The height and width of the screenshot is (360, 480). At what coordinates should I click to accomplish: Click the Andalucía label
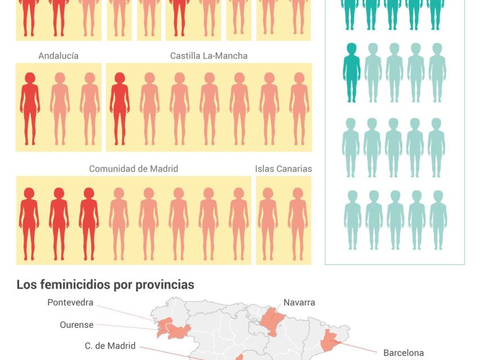click(x=58, y=56)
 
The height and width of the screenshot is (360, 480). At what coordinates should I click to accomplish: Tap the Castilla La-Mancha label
click(x=209, y=56)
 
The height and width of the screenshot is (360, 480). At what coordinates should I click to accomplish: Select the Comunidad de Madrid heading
click(x=133, y=169)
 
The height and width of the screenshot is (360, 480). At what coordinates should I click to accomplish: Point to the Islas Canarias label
click(x=283, y=169)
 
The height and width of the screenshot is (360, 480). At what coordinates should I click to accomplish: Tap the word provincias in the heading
click(x=165, y=285)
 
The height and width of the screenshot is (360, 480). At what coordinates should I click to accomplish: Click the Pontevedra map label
click(x=70, y=303)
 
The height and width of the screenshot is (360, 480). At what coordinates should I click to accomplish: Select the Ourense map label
click(x=76, y=325)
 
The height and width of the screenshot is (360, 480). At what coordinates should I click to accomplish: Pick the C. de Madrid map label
click(x=110, y=346)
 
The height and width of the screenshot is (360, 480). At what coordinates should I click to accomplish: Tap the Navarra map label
click(x=299, y=303)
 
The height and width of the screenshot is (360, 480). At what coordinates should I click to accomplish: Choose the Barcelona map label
click(x=404, y=353)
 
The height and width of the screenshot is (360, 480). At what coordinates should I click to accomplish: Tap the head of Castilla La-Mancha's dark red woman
click(x=119, y=78)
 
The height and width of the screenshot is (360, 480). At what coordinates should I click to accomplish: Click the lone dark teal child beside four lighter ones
click(x=351, y=73)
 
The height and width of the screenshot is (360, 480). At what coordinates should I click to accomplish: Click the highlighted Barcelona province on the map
click(x=329, y=341)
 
